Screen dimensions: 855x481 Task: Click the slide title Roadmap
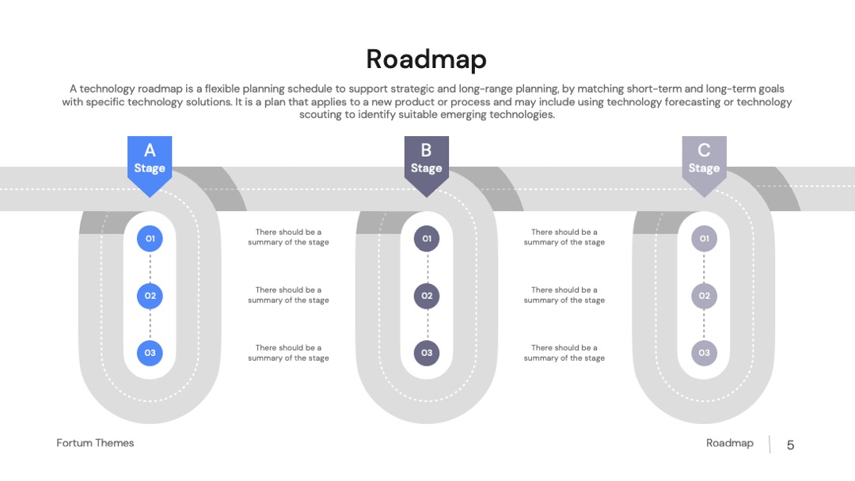click(426, 59)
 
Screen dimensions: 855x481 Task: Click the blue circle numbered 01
click(150, 239)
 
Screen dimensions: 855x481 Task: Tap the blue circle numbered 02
click(150, 296)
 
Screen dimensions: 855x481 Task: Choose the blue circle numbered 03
click(150, 353)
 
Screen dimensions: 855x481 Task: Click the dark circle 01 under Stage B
click(427, 239)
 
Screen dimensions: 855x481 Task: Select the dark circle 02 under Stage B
click(427, 296)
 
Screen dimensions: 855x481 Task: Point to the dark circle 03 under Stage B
click(427, 353)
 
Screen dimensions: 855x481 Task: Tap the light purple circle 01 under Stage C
click(704, 239)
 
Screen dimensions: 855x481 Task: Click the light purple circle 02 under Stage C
click(704, 296)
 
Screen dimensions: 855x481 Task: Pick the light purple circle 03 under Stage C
click(704, 353)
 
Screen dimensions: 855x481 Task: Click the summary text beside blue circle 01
click(288, 237)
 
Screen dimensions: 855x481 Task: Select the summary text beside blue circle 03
click(288, 352)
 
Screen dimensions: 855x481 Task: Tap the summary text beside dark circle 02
click(564, 295)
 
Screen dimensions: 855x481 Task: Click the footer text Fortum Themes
click(95, 443)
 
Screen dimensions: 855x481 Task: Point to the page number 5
click(790, 445)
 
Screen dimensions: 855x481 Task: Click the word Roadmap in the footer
click(730, 443)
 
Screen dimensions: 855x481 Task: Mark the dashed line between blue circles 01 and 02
click(150, 267)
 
